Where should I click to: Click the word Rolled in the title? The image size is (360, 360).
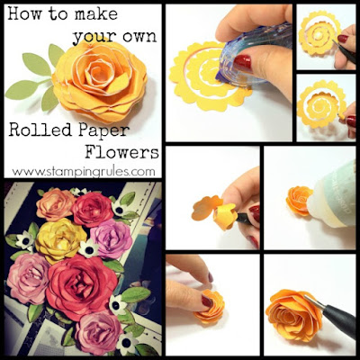(x=40, y=130)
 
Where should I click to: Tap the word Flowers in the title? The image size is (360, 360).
(x=121, y=152)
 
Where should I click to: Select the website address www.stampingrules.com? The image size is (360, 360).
(x=84, y=172)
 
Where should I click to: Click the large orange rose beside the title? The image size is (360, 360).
(x=100, y=80)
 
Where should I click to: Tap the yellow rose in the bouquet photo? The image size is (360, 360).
(x=60, y=240)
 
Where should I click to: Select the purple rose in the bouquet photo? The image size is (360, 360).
(x=111, y=238)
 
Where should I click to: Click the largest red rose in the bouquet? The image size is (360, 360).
(x=82, y=287)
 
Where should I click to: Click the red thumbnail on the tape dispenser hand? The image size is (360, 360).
(x=242, y=62)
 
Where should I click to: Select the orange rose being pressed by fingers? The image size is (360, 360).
(x=209, y=307)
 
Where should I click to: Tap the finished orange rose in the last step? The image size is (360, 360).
(x=293, y=315)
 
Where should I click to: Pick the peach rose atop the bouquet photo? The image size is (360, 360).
(x=55, y=204)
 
